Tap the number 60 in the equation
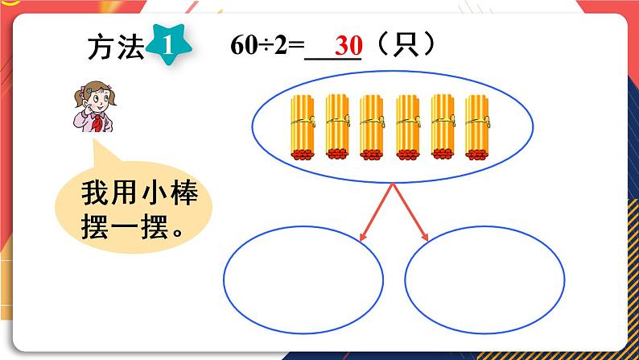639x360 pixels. click(x=241, y=46)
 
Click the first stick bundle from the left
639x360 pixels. click(x=303, y=127)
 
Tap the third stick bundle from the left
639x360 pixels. click(x=372, y=127)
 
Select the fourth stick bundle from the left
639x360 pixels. click(x=409, y=127)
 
